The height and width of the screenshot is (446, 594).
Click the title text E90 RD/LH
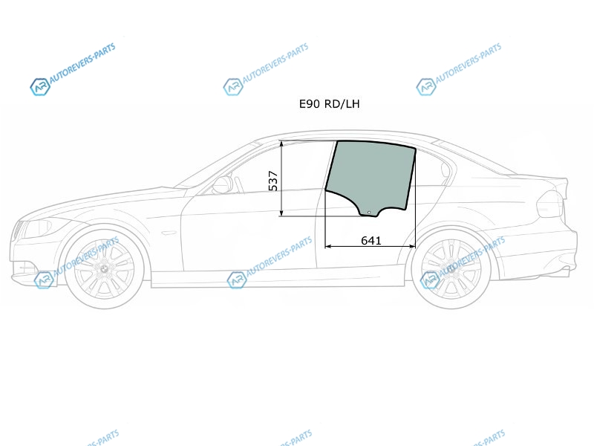(329, 104)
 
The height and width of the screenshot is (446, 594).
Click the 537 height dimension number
(273, 181)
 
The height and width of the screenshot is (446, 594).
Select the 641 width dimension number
(371, 240)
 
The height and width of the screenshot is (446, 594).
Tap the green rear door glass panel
(369, 175)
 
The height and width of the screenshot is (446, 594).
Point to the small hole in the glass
(369, 213)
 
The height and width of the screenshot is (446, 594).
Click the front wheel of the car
(104, 268)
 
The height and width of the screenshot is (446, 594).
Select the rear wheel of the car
(451, 269)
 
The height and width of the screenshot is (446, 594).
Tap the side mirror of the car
(222, 184)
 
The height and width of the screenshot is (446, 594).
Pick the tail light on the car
(549, 203)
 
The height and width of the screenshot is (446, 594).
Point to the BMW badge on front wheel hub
(104, 268)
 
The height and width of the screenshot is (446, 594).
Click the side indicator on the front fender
(169, 233)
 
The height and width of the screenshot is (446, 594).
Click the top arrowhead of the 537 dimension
(281, 144)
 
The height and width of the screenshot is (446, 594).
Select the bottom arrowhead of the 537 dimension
(281, 213)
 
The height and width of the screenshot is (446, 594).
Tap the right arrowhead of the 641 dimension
(412, 247)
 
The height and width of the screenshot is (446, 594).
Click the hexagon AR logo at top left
(40, 87)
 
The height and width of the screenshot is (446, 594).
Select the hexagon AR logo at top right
(425, 87)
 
